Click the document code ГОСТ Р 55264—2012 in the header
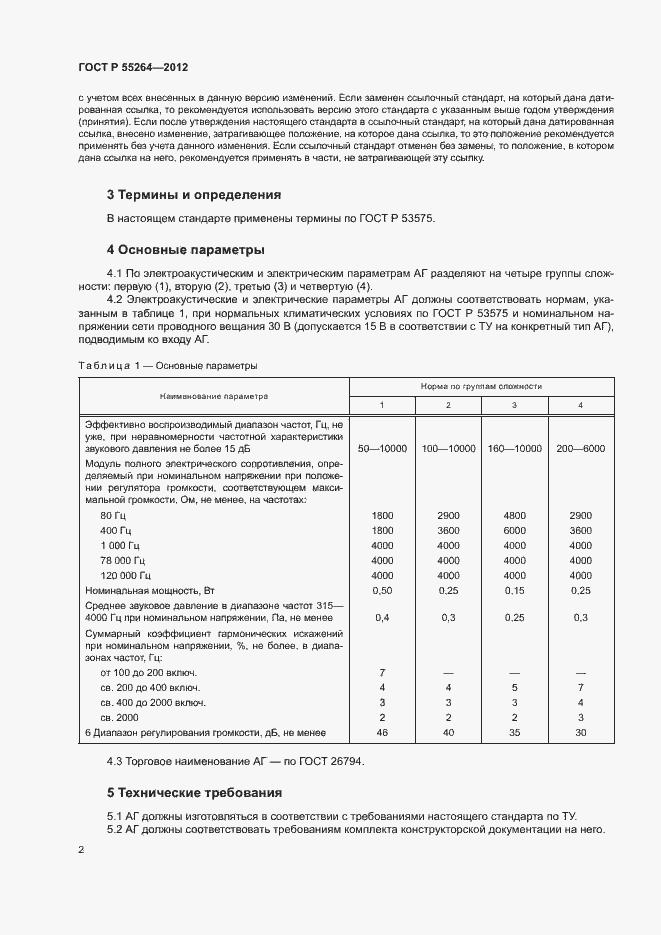click(133, 67)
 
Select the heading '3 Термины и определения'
click(193, 194)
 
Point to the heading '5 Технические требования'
click(194, 793)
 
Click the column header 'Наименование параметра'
click(212, 395)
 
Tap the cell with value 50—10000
click(382, 449)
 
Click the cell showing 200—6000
click(580, 449)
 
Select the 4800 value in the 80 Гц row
click(514, 515)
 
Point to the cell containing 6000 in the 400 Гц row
click(514, 530)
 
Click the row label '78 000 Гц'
click(123, 560)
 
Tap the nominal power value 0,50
click(382, 591)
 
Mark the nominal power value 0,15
click(514, 591)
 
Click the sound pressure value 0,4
click(382, 618)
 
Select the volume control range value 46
click(382, 733)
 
